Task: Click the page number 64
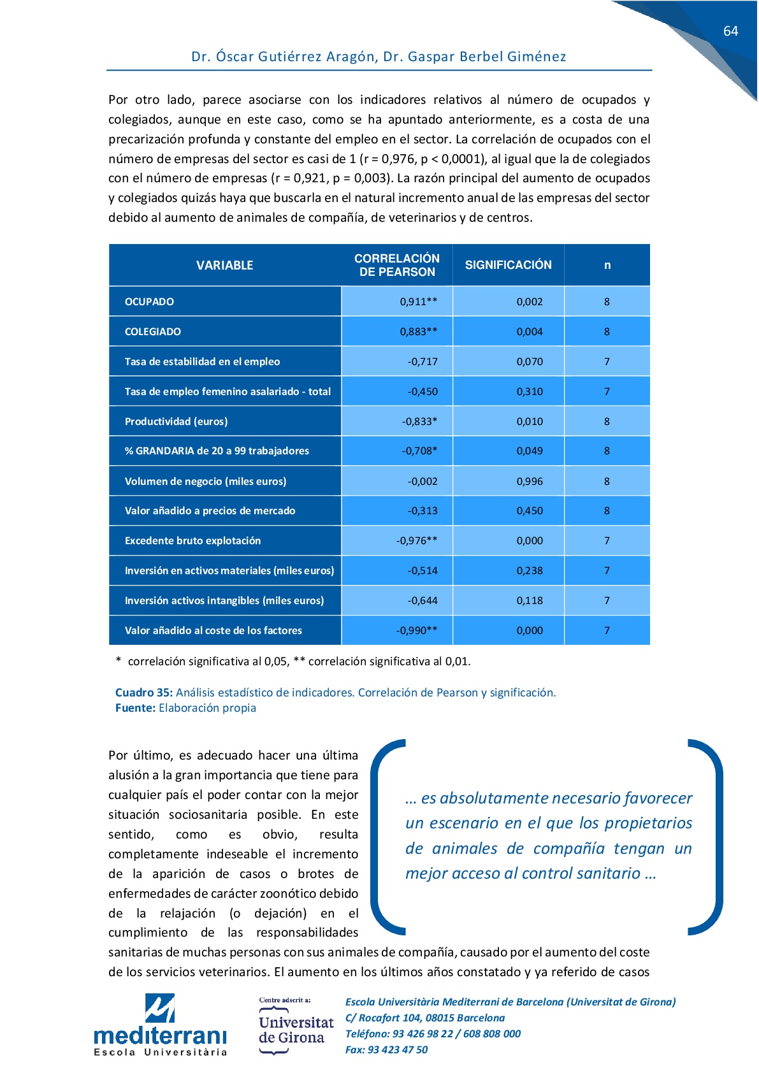click(730, 31)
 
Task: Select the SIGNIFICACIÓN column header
click(508, 265)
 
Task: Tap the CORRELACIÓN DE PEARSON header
click(396, 265)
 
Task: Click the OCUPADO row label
click(149, 302)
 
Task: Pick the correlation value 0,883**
click(418, 332)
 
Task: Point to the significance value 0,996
click(530, 482)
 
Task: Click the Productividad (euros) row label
click(176, 422)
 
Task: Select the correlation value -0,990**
click(417, 631)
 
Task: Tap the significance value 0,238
click(530, 571)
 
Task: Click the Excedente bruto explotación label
click(192, 541)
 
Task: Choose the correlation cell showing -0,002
click(423, 482)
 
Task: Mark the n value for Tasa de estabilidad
click(607, 362)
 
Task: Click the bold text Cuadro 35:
click(143, 693)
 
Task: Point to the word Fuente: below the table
click(135, 708)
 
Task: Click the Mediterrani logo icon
click(159, 1008)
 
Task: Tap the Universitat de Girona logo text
click(296, 1030)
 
